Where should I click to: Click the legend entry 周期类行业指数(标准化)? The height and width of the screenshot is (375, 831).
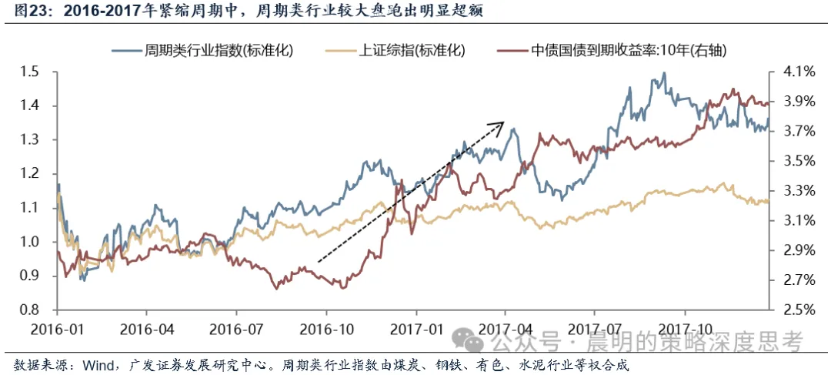(x=219, y=50)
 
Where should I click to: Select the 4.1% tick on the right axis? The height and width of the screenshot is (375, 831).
(x=799, y=72)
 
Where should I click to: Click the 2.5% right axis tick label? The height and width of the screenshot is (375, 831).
(x=799, y=310)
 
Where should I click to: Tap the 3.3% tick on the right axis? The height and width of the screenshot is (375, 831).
(x=799, y=191)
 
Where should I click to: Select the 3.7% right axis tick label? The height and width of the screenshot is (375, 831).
(x=799, y=132)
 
